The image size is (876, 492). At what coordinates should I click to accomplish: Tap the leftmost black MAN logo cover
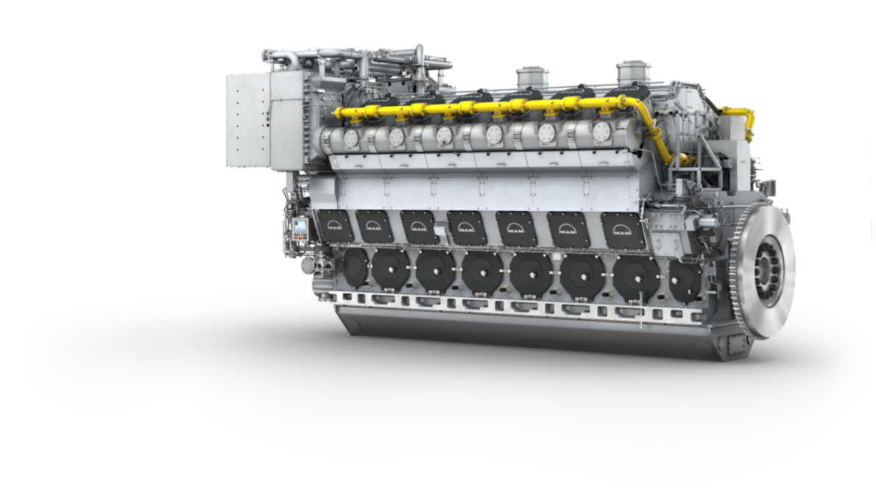(x=336, y=226)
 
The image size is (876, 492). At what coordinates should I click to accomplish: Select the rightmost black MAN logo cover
(x=623, y=230)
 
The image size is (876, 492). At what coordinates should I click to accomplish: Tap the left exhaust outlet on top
(x=532, y=76)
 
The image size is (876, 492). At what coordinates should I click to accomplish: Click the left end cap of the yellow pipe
(x=339, y=113)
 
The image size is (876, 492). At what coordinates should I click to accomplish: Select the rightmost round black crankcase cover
(x=685, y=280)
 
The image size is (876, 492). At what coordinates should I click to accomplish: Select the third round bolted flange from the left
(x=444, y=136)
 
